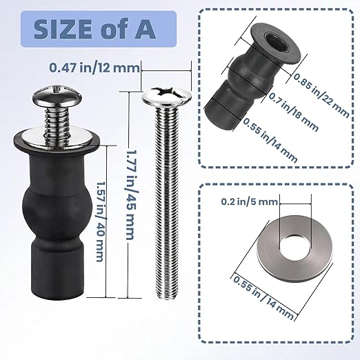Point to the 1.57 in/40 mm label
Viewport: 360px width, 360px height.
[100, 220]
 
